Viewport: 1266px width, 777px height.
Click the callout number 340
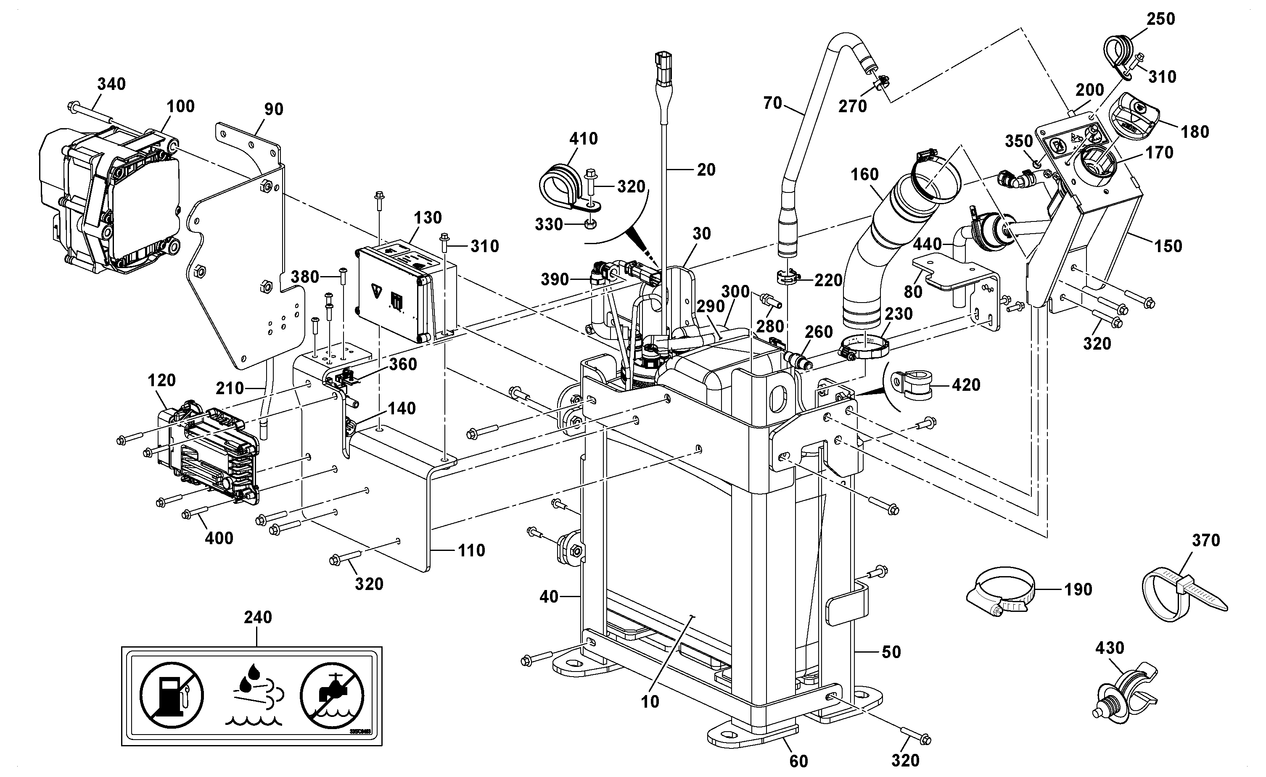[111, 84]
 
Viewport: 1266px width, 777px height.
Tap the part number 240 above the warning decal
[258, 617]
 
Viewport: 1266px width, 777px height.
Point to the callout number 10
[650, 701]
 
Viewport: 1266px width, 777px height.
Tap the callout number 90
[274, 109]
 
